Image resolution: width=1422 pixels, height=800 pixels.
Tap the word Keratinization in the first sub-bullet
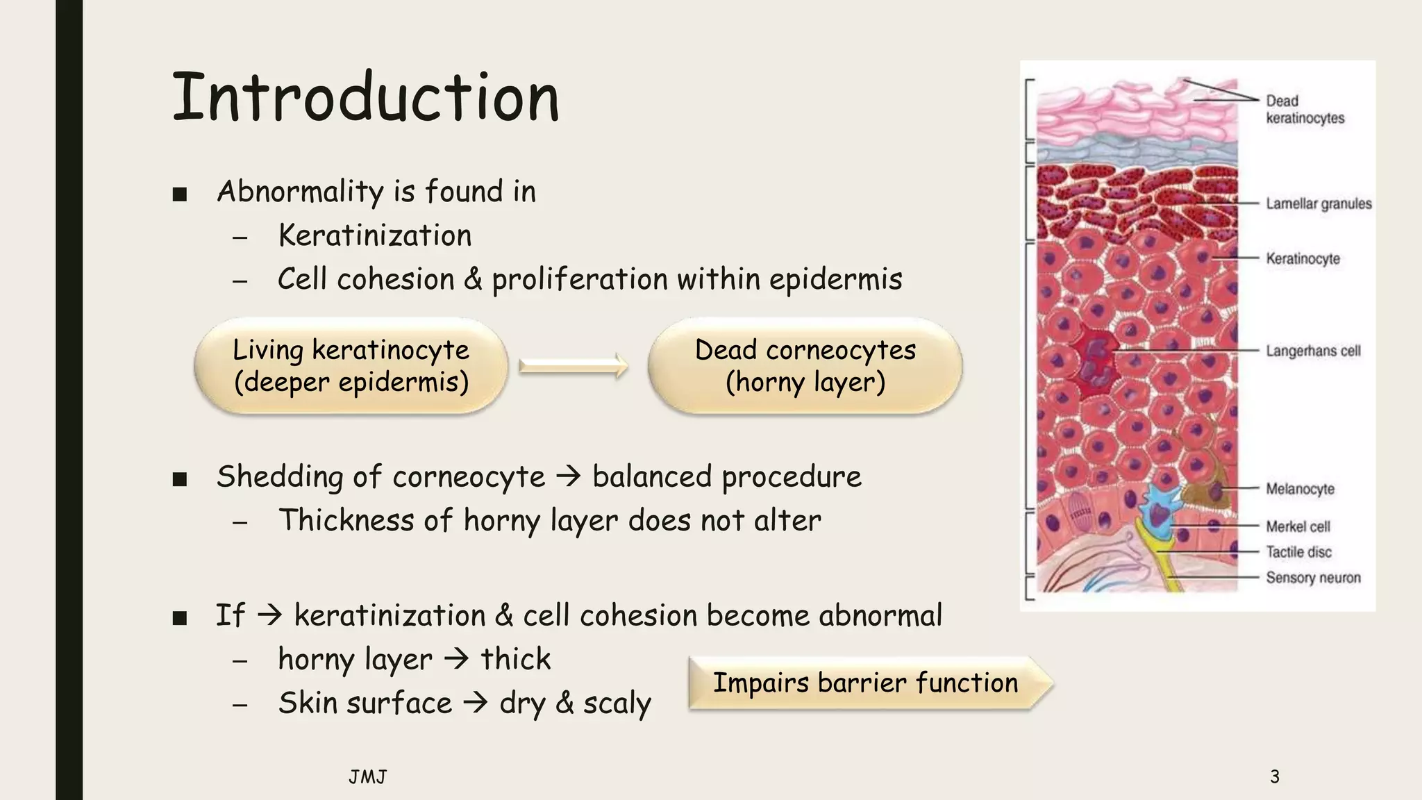pos(375,235)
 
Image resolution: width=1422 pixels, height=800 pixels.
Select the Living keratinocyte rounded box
pos(351,366)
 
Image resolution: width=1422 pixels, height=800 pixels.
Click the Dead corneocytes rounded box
pos(805,366)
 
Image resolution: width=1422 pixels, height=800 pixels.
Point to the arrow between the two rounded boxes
pos(574,365)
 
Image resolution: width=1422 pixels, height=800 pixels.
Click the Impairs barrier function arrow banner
pos(868,683)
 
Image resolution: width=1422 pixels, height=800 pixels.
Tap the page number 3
pos(1274,776)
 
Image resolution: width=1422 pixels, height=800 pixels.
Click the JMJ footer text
pos(367,776)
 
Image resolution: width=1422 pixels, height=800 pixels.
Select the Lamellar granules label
pos(1318,203)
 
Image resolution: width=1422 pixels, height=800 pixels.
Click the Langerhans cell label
pos(1312,351)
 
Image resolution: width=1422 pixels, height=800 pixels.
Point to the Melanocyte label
pos(1300,489)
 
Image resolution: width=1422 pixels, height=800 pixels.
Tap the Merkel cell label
pos(1298,526)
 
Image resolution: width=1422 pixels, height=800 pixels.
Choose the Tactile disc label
pos(1298,552)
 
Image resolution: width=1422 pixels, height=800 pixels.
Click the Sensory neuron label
pos(1312,578)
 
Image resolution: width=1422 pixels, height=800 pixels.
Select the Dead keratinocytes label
pos(1304,110)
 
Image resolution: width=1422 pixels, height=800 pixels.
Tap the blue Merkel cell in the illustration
pos(1157,510)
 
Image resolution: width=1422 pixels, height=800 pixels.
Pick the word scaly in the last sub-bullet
pos(617,703)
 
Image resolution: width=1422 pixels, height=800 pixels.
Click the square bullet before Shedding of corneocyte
pos(180,479)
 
